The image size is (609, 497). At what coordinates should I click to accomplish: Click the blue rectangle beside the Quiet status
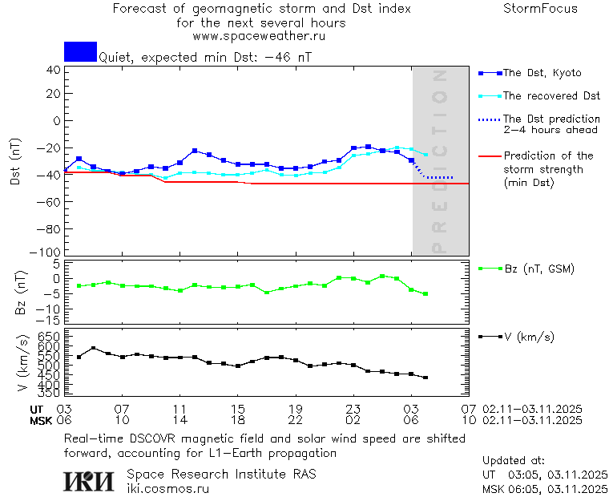(80, 52)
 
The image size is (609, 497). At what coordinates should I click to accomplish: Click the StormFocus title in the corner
(540, 9)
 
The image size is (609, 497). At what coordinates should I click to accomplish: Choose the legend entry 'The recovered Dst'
(551, 96)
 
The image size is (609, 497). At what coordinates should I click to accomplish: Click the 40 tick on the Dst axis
(53, 70)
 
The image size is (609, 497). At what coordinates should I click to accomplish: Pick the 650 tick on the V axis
(50, 335)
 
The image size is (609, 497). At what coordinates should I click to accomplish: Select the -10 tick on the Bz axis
(50, 309)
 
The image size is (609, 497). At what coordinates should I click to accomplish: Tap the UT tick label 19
(295, 409)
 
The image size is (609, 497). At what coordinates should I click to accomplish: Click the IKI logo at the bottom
(89, 480)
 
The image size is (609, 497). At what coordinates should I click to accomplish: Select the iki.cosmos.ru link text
(168, 488)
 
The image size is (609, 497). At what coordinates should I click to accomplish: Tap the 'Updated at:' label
(514, 461)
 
